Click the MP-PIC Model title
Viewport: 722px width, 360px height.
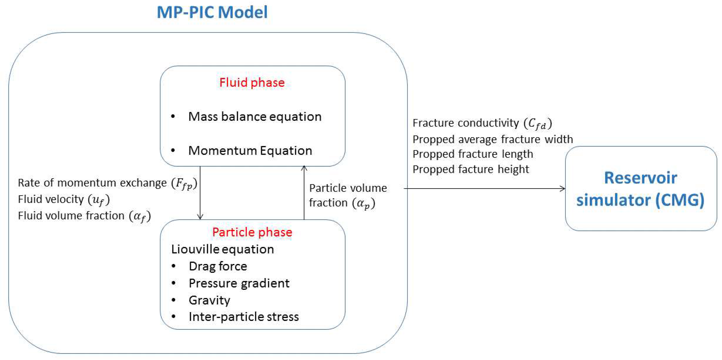tap(212, 13)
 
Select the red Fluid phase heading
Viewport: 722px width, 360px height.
tap(252, 83)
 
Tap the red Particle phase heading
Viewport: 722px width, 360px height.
tap(252, 232)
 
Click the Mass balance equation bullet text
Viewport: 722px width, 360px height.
tap(254, 117)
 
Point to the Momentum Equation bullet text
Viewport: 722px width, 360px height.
tap(250, 151)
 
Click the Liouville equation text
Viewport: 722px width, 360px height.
tap(222, 249)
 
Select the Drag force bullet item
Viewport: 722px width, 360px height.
tap(218, 266)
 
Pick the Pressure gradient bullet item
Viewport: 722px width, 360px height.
tap(239, 283)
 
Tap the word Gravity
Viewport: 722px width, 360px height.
tap(209, 300)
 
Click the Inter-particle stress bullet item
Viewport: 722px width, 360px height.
tap(244, 317)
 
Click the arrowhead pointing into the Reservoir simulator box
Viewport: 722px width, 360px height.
tap(563, 189)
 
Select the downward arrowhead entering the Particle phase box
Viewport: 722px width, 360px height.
tap(200, 216)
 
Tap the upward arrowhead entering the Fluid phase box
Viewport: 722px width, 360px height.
tap(304, 168)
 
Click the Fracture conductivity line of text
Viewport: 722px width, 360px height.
tap(482, 123)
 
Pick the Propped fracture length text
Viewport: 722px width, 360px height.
tap(472, 154)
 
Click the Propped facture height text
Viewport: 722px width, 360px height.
tap(471, 169)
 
